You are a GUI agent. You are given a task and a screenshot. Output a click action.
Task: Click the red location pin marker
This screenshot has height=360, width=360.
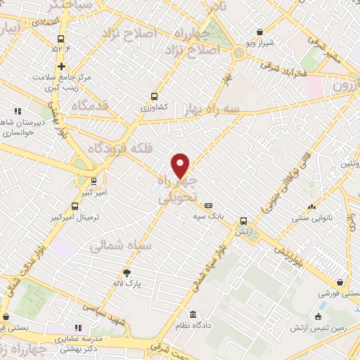coord(181,166)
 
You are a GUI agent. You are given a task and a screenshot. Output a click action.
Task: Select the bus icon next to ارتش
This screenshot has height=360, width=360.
coord(243,220)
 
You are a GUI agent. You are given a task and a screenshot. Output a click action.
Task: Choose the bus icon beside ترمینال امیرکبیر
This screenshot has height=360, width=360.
coord(75,206)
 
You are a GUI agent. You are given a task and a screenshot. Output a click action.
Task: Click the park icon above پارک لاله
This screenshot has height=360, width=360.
coord(127,272)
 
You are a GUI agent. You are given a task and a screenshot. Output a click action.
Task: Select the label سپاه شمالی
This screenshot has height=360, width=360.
coord(117,246)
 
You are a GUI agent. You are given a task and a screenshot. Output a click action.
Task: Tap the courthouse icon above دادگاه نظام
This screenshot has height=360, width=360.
coord(193,314)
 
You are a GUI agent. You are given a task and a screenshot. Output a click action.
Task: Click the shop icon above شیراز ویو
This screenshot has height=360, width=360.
coord(260,32)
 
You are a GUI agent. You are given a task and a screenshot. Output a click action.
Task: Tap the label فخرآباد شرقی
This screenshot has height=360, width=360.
coord(286,72)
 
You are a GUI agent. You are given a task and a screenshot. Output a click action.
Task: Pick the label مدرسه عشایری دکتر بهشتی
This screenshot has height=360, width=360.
coord(78,342)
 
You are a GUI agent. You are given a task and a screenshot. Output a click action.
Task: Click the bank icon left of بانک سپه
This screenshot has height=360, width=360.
coord(207,205)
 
